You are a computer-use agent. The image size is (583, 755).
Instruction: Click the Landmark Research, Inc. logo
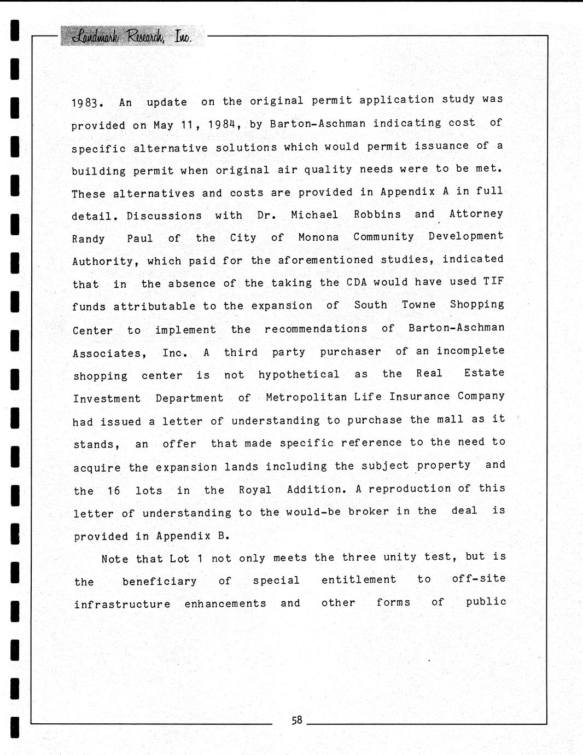[132, 36]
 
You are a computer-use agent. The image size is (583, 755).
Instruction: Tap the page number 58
[297, 720]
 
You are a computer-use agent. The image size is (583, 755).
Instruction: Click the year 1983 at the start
[86, 103]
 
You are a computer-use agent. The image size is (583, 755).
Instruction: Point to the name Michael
[314, 215]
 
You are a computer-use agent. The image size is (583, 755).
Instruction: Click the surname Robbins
[377, 214]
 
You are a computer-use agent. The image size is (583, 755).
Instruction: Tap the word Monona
[318, 237]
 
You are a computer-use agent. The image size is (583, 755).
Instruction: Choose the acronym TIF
[493, 281]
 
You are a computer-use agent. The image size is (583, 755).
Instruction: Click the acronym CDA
[357, 282]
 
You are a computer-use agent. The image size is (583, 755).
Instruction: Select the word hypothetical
[299, 375]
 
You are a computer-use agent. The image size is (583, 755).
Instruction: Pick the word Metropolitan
[306, 397]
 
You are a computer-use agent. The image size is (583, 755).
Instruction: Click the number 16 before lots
[113, 490]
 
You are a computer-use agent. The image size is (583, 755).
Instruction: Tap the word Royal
[255, 490]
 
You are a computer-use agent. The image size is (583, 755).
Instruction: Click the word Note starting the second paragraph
[115, 559]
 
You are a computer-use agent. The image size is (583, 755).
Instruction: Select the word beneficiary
[159, 581]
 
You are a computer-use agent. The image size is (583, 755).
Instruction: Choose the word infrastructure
[122, 604]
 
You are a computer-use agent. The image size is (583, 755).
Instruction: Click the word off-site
[479, 579]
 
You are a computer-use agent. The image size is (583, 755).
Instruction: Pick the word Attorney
[476, 213]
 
